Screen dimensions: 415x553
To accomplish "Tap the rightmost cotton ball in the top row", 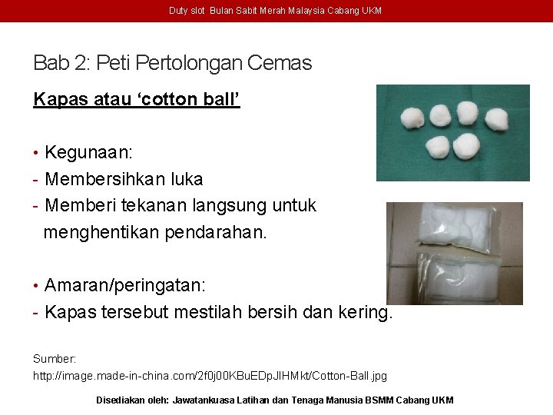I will (496, 118).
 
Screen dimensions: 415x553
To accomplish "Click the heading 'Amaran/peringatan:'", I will (124, 285).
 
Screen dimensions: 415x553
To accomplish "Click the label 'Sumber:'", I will (54, 359).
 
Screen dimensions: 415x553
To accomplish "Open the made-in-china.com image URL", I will (210, 376).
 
